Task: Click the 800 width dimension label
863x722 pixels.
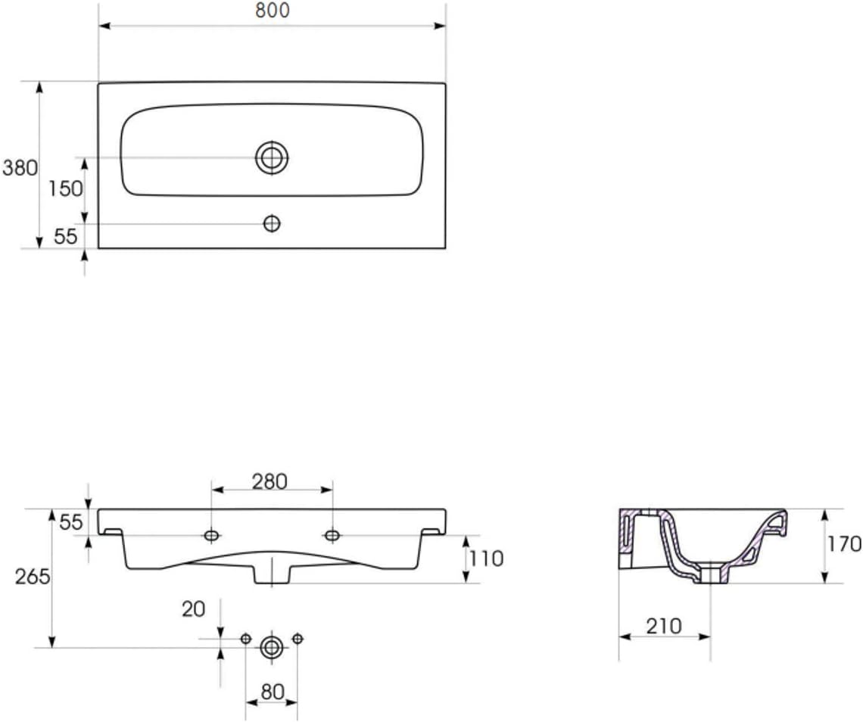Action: pyautogui.click(x=272, y=11)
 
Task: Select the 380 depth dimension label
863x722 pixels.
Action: pyautogui.click(x=20, y=168)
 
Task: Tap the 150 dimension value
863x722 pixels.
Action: pyautogui.click(x=65, y=188)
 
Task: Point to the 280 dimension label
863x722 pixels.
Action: pyautogui.click(x=269, y=482)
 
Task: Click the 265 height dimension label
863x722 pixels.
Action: pyautogui.click(x=33, y=577)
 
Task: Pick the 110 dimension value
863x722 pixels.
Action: pyautogui.click(x=486, y=559)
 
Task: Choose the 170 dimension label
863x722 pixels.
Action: pyautogui.click(x=845, y=544)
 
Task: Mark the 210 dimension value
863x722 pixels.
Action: pyautogui.click(x=664, y=626)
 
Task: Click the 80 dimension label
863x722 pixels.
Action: pyautogui.click(x=273, y=692)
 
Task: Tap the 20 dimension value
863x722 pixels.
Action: pyautogui.click(x=193, y=609)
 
